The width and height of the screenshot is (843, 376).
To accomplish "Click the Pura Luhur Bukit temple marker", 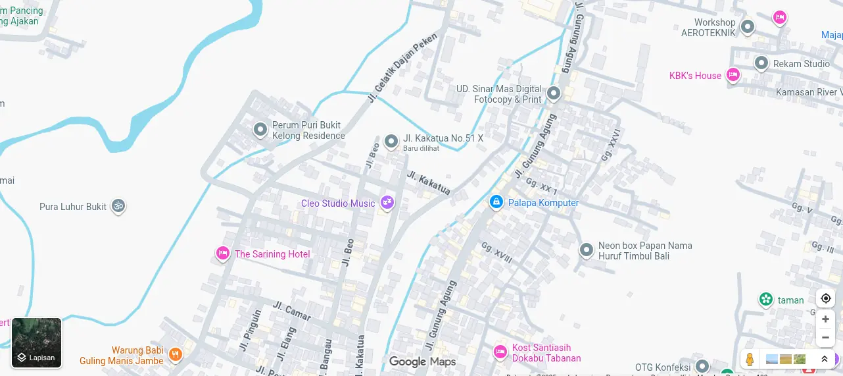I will click(x=118, y=206).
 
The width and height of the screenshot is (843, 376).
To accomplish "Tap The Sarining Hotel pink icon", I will click(x=223, y=253).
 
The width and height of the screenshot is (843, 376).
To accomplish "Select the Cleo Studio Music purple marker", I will click(x=387, y=203).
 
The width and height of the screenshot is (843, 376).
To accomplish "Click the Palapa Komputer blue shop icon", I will click(x=496, y=201).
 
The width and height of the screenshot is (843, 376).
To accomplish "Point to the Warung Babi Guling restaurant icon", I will click(x=175, y=354).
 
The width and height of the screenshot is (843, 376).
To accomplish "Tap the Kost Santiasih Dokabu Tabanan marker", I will click(x=500, y=352).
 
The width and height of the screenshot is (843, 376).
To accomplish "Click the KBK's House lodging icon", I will click(x=733, y=74).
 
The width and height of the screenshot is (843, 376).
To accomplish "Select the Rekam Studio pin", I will click(x=761, y=63).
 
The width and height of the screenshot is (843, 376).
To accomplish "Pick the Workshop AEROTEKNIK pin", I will click(x=747, y=27).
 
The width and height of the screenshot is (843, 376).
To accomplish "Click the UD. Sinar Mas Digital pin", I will click(x=554, y=94).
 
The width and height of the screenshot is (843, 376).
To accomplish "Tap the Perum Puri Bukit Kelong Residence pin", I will click(x=260, y=129).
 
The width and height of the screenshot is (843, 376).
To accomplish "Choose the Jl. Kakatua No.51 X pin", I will click(x=391, y=141).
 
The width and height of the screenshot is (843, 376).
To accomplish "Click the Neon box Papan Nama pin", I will click(x=586, y=250).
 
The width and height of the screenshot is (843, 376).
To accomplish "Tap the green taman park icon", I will click(x=765, y=300).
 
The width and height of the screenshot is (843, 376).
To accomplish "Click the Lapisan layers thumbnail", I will click(x=37, y=342).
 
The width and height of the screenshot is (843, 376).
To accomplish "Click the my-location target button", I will click(x=825, y=298).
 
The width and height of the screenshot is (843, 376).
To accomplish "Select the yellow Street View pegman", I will click(x=749, y=360).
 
